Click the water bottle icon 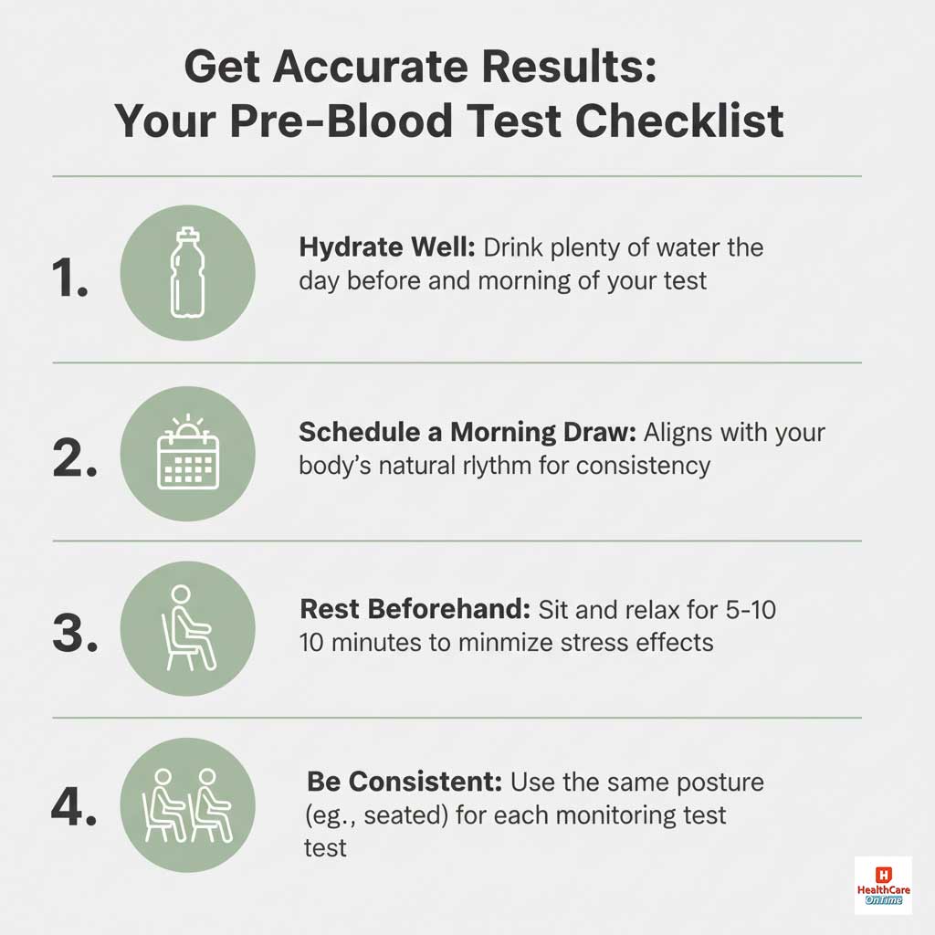coord(187,272)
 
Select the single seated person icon coord(189,628)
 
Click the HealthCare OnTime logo coord(882,886)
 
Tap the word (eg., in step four coord(332,814)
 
